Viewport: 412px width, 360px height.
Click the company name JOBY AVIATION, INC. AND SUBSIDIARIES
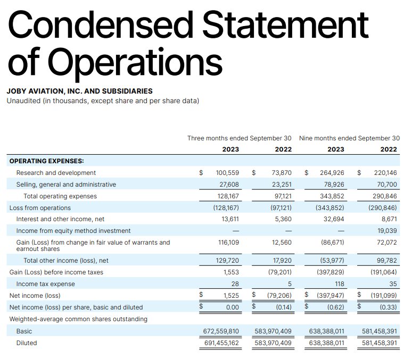79,91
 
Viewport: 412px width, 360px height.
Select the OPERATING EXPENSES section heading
46,161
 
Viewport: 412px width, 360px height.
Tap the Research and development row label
56,173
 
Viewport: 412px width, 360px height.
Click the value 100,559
227,173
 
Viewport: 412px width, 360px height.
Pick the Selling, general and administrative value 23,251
282,185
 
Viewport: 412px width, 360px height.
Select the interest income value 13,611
229,219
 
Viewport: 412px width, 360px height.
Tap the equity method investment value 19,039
387,231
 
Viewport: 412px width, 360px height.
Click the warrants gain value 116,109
228,242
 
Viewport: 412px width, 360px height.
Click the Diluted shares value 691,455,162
221,343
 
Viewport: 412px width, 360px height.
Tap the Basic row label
24,331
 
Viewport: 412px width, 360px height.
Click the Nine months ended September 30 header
349,138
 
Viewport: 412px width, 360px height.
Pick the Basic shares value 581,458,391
380,331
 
